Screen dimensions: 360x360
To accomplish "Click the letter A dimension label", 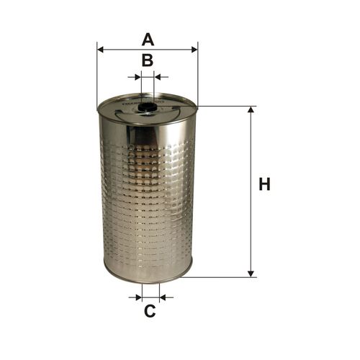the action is coord(148,40).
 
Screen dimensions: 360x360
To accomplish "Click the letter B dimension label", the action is coord(148,60).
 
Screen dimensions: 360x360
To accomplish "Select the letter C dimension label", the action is coord(150,311).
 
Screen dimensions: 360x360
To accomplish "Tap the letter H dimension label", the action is coord(264,184).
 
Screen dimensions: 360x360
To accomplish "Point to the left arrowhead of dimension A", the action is coord(100,50).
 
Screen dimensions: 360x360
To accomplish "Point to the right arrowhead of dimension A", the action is coord(194,50).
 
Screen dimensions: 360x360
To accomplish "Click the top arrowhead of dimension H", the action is coord(251,109).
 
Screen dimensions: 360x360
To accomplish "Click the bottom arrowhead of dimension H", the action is coord(251,274).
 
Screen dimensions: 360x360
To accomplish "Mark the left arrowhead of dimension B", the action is coord(138,77).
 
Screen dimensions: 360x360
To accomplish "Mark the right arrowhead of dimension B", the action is coord(157,77).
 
